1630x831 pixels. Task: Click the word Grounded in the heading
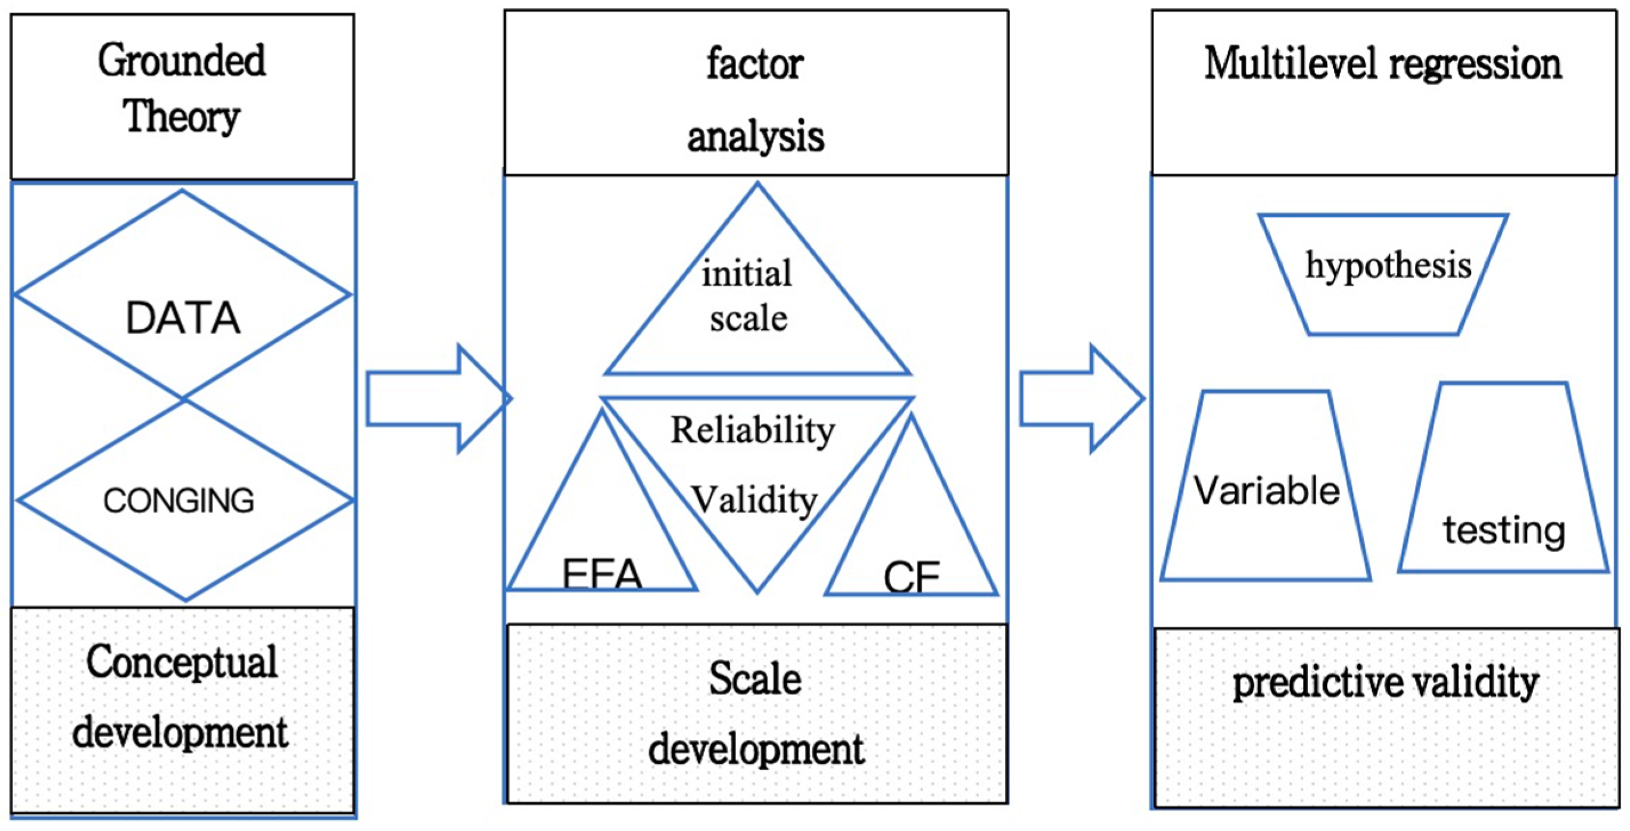(182, 61)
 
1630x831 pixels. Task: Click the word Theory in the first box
(182, 117)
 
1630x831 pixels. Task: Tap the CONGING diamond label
(179, 501)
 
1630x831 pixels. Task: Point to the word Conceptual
(182, 662)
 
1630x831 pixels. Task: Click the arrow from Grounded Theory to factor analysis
(437, 399)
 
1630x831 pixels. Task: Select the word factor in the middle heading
(755, 65)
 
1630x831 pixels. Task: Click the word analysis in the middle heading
(756, 136)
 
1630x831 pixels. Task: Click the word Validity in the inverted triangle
(754, 500)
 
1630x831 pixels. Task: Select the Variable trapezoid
(1267, 490)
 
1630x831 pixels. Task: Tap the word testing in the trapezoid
(1504, 530)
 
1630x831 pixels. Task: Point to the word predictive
(1304, 683)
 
